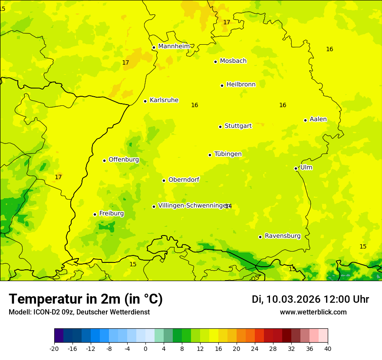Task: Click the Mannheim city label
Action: tap(174, 46)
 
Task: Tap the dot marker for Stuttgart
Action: tap(220, 127)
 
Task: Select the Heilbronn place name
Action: tap(241, 85)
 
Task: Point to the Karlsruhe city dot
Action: tap(145, 101)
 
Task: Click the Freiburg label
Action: tap(111, 213)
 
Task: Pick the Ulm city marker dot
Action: tap(296, 168)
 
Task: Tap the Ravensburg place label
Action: tap(283, 236)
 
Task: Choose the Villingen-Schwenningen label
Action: tap(193, 206)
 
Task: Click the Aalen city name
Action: tap(318, 119)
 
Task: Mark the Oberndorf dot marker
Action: tap(164, 180)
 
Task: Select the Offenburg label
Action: tap(124, 160)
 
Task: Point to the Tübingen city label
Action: tap(228, 154)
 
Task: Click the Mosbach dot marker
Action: tap(215, 62)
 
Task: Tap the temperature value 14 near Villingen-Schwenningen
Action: tap(228, 206)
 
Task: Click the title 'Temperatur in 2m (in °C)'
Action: tap(86, 299)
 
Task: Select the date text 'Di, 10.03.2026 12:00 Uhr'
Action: tap(310, 299)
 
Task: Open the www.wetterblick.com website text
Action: tap(313, 312)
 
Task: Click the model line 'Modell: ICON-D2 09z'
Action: tap(79, 312)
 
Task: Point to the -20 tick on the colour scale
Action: tap(54, 349)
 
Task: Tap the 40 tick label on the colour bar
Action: tap(327, 349)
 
